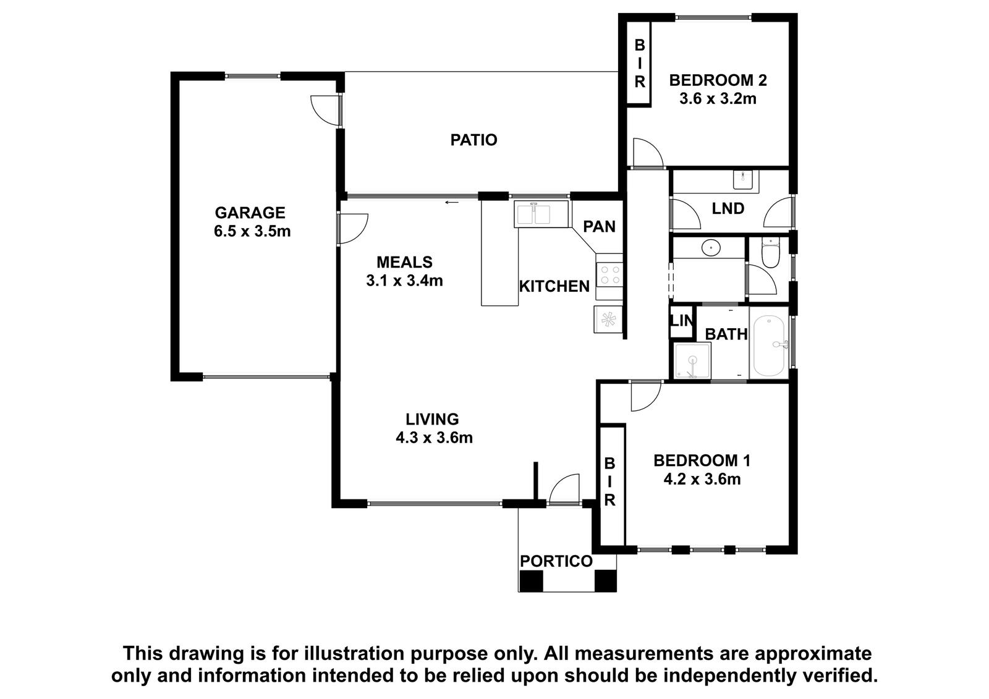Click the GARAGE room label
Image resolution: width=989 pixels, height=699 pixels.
pyautogui.click(x=250, y=213)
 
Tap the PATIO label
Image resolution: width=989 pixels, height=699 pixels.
pyautogui.click(x=473, y=140)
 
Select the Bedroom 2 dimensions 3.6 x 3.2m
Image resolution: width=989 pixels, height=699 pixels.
pyautogui.click(x=718, y=99)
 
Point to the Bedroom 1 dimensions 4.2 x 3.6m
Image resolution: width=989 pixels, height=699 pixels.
pyautogui.click(x=702, y=479)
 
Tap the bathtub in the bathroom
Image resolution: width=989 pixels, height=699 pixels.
pyautogui.click(x=769, y=345)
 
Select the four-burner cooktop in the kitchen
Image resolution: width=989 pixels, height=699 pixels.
pyautogui.click(x=609, y=274)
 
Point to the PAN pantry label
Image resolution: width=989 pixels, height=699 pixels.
pyautogui.click(x=599, y=227)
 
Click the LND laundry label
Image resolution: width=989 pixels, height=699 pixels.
pyautogui.click(x=728, y=208)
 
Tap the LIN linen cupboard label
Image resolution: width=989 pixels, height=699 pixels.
pyautogui.click(x=682, y=321)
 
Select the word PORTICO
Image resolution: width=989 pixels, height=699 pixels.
pyautogui.click(x=556, y=561)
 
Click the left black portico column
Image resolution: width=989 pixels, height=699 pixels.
pyautogui.click(x=531, y=581)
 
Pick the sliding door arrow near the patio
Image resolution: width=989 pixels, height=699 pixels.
pyautogui.click(x=452, y=203)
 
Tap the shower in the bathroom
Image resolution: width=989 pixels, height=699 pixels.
pyautogui.click(x=692, y=361)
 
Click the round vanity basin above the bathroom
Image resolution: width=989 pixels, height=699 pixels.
pyautogui.click(x=711, y=248)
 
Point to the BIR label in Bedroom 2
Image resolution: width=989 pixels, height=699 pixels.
pyautogui.click(x=640, y=63)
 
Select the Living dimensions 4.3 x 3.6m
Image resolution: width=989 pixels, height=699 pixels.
pyautogui.click(x=434, y=438)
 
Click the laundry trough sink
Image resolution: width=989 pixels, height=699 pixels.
pyautogui.click(x=745, y=180)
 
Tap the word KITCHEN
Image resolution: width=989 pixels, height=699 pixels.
pyautogui.click(x=554, y=287)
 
